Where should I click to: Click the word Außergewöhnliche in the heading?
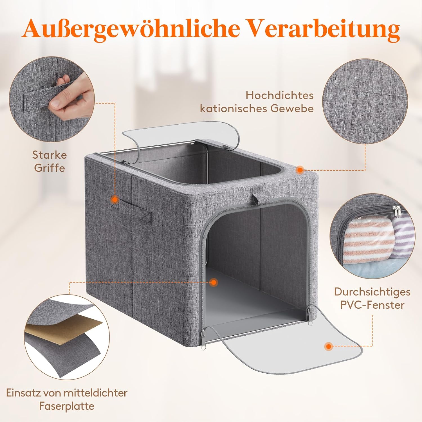coord(131,29)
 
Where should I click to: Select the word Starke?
coord(50,155)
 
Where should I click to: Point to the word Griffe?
coord(50,168)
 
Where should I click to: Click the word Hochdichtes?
coord(280,95)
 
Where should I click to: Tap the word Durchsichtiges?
coord(372,292)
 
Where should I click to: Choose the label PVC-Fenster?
coord(372,305)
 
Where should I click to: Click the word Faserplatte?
coord(67,406)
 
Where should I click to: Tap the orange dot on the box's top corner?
coord(300,170)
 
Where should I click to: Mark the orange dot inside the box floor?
coord(214,282)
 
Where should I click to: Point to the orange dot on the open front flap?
coord(328,346)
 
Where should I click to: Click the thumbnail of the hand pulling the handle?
coord(52,99)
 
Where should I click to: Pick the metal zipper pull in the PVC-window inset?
coord(397,212)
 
